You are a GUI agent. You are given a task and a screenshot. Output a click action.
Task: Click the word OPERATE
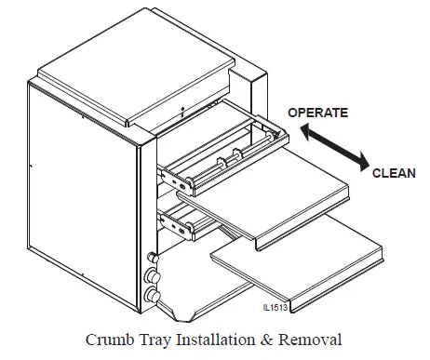318,113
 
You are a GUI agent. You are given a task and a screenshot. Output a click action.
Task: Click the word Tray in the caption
150,339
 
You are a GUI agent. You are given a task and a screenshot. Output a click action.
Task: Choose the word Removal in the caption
302,339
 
